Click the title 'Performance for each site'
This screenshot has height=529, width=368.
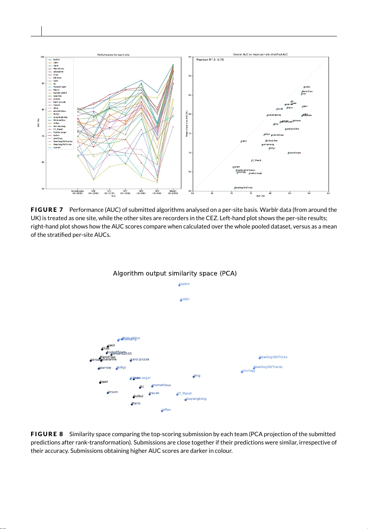coord(113,55)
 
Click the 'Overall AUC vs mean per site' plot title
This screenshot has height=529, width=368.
coord(260,55)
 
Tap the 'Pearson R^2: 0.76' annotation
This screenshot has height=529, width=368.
coord(210,59)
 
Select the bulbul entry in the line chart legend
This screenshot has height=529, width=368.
coord(56,59)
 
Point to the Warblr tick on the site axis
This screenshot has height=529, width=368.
coord(173,192)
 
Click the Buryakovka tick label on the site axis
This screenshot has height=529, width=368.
coord(77,192)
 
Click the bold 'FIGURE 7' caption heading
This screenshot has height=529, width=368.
coord(47,210)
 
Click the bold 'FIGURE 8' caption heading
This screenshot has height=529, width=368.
coord(47,434)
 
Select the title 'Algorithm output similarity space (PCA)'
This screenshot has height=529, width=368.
coord(175,273)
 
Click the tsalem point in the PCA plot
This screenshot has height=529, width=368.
coord(179,285)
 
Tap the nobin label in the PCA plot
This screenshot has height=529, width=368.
coord(185,299)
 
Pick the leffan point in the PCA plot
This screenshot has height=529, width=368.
coord(162,411)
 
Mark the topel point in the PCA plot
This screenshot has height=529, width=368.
coord(100,383)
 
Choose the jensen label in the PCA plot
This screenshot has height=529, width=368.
coord(113,392)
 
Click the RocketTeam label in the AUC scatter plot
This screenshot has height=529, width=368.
coord(294,153)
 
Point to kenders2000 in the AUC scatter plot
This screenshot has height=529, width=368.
coord(292,129)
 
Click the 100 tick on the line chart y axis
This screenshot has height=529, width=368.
coord(42,57)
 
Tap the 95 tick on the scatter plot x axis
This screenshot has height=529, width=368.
coord(328,193)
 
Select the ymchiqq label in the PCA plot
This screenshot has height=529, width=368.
coord(248,371)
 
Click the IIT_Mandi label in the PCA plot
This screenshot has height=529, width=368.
coord(185,393)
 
